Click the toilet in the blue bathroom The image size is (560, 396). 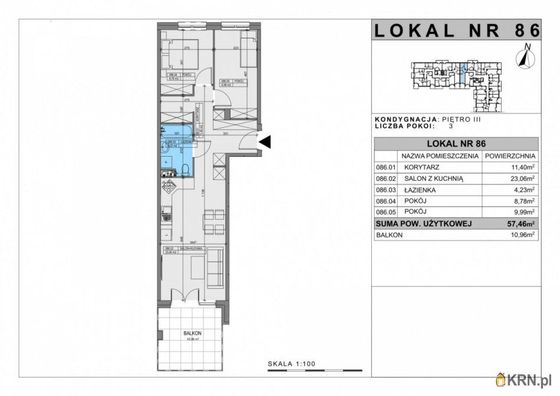tap(185, 170)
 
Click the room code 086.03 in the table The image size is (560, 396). tap(384, 190)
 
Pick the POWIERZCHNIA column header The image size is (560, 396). tap(510, 156)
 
